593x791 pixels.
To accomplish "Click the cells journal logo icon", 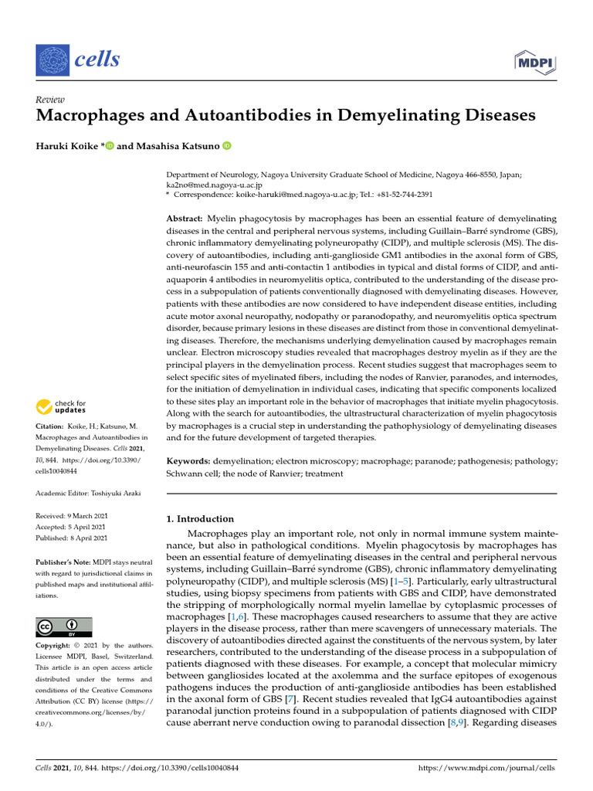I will point(53,59).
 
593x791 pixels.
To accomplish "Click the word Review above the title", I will point(50,100).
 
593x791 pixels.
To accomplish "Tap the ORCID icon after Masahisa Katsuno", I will point(227,146).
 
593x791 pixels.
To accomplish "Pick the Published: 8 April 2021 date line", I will point(72,538).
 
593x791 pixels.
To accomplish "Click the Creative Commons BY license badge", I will point(64,626).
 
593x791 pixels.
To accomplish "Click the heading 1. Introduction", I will point(201,519).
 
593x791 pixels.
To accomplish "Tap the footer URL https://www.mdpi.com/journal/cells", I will point(486,768).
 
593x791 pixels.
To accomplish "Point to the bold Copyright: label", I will point(56,645).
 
